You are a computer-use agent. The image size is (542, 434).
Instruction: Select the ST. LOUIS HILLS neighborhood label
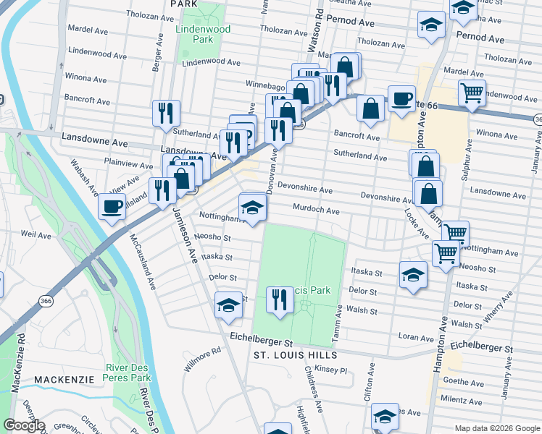tap(295, 355)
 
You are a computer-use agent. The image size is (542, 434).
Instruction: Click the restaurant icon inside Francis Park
tap(280, 299)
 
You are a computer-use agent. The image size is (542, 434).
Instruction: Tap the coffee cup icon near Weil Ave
tap(112, 206)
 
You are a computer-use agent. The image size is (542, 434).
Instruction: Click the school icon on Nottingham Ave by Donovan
tap(252, 207)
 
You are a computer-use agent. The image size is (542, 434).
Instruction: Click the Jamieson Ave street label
tap(185, 235)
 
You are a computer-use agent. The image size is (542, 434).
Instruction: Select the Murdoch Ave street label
tap(316, 210)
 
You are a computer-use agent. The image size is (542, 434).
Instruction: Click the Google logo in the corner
tap(25, 425)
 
